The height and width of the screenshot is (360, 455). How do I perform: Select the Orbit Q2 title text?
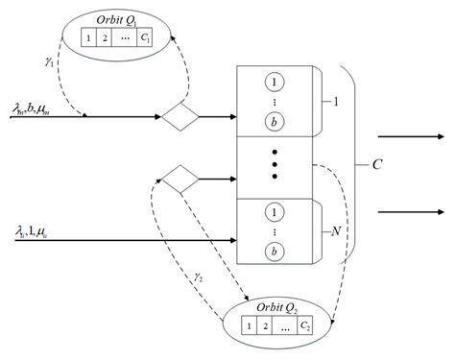pyautogui.click(x=281, y=309)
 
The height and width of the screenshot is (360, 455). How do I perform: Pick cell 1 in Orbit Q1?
pyautogui.click(x=88, y=40)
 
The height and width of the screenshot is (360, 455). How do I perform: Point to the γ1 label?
pyautogui.click(x=49, y=60)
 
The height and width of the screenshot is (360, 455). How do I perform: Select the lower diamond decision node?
pyautogui.click(x=179, y=178)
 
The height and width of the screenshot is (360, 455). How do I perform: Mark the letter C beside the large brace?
pyautogui.click(x=378, y=164)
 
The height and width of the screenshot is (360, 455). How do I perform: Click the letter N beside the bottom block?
pyautogui.click(x=335, y=231)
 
